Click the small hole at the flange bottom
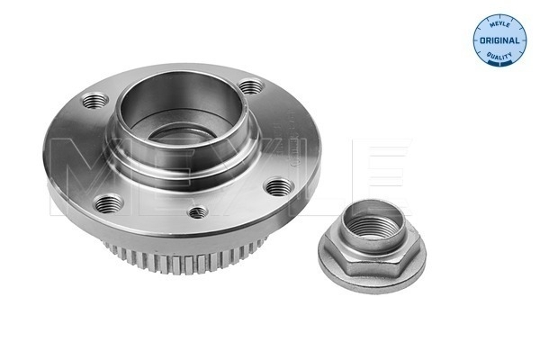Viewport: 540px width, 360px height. (199, 212)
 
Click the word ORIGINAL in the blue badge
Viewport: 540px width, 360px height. (499, 42)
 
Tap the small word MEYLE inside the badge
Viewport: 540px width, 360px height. (499, 22)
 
